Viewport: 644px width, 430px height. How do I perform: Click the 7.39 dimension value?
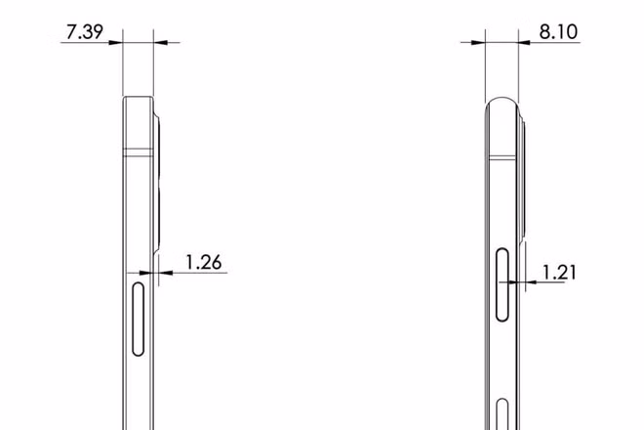click(x=84, y=31)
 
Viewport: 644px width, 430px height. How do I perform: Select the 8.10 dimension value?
click(x=559, y=31)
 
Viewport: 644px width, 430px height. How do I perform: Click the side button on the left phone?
click(x=139, y=318)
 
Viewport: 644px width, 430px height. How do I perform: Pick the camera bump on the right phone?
click(x=523, y=181)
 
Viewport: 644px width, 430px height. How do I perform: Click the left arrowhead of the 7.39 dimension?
click(x=116, y=42)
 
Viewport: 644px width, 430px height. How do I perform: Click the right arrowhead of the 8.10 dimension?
click(x=529, y=42)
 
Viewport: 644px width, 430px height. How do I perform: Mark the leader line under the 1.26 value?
click(x=200, y=274)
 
